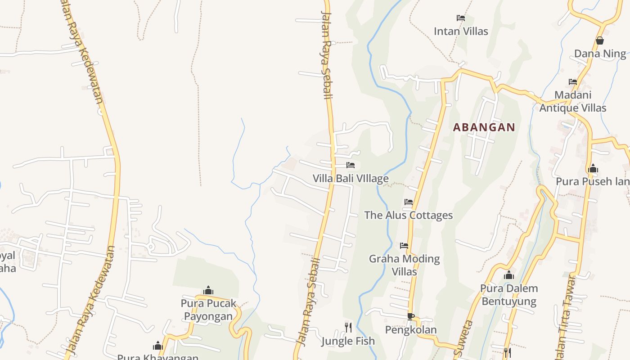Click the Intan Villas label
coord(461,31)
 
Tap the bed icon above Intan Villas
coord(461,18)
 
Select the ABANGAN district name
coord(484,127)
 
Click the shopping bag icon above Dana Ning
coord(600,40)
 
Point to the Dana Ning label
coord(600,54)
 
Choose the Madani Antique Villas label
coord(573,102)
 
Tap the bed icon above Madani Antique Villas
coord(573,82)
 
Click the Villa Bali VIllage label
coord(351,179)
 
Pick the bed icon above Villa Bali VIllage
coord(351,165)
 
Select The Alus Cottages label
coord(409,215)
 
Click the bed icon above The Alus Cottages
coord(409,202)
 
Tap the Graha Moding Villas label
coord(405,265)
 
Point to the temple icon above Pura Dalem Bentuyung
coord(509,275)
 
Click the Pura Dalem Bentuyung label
coord(509,295)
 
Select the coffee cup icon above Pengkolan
coord(410,316)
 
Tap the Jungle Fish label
coord(348,341)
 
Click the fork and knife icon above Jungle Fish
coord(348,328)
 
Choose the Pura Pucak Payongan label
coord(208,310)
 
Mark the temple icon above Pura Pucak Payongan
coord(208,290)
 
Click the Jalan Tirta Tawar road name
coord(567,315)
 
